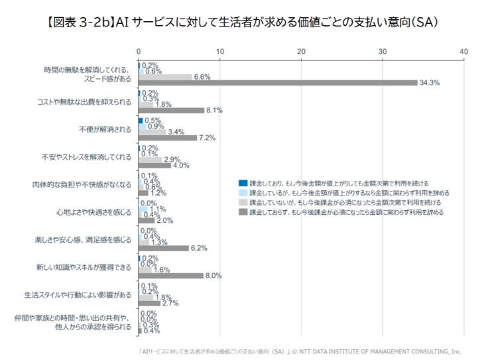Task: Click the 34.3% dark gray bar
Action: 278,82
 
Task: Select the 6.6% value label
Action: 202,77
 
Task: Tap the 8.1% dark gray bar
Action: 171,110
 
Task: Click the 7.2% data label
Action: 207,137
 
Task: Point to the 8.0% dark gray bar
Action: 170,275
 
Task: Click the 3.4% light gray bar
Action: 152,132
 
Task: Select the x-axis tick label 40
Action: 463,51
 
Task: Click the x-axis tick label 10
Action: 220,51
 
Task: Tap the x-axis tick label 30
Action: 383,51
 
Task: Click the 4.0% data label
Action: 181,165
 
